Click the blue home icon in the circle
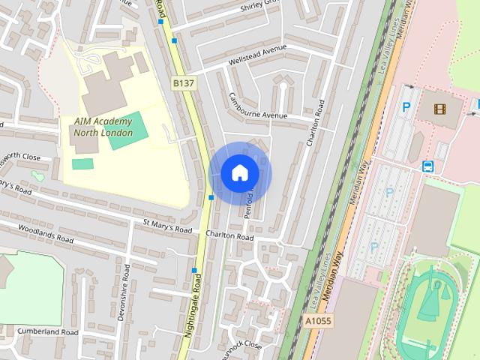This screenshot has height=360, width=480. coord(239,173)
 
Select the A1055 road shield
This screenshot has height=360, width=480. coord(317,321)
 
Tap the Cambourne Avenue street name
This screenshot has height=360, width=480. coord(259,107)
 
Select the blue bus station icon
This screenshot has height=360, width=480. coord(427,166)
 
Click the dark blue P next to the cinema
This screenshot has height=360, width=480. coord(406,107)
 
